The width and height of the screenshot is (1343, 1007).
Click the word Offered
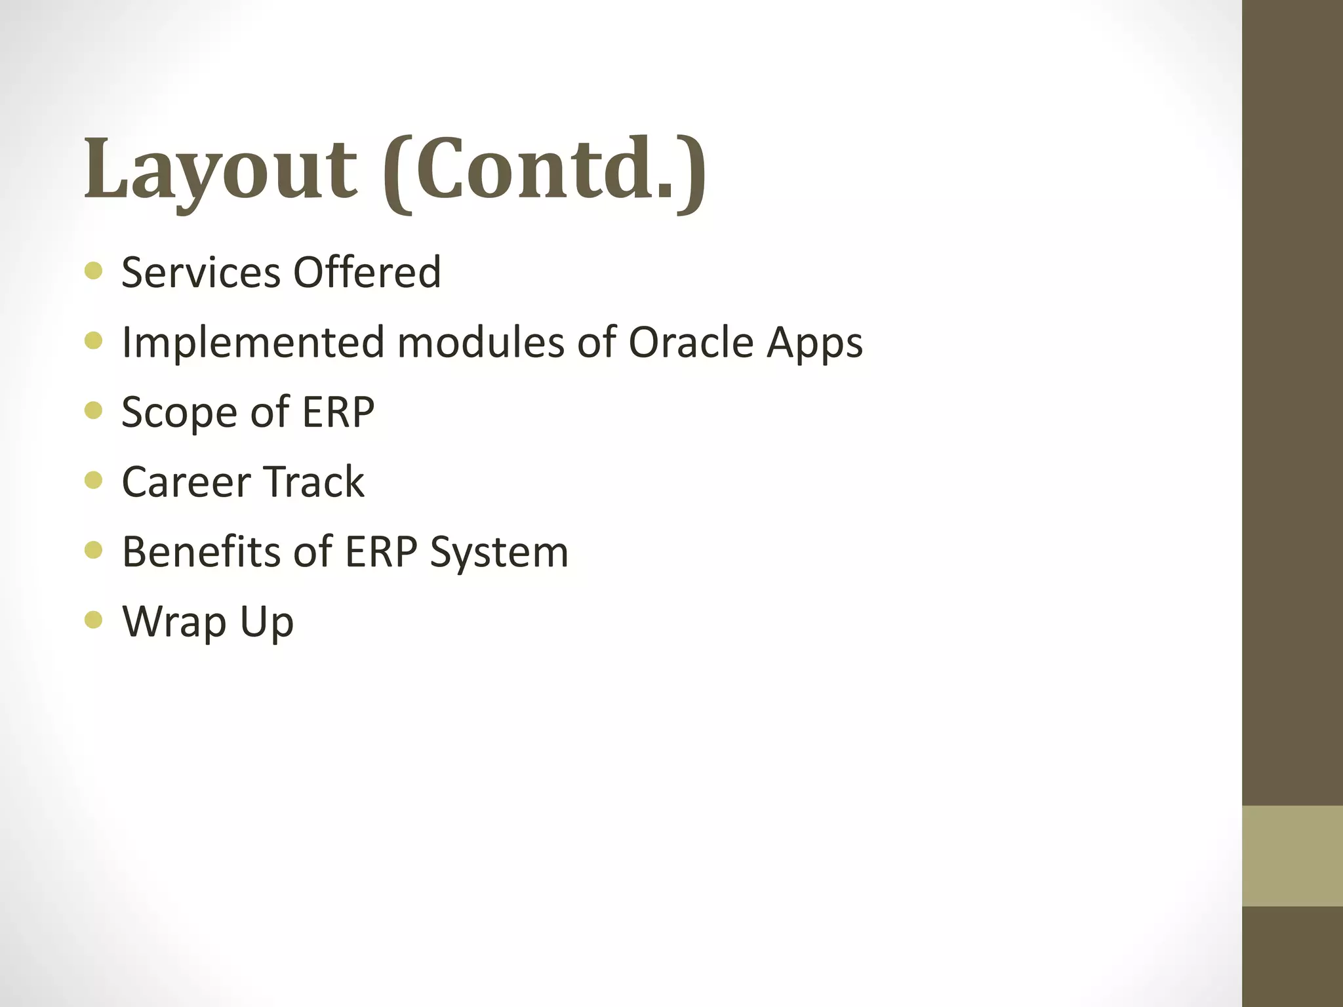367,272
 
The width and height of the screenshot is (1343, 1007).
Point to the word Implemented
253,343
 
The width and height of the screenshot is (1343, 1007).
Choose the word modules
481,343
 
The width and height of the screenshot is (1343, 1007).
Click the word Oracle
691,343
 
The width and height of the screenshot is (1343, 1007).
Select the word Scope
178,414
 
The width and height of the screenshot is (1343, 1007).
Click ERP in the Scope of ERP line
338,412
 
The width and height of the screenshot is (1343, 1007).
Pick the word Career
186,483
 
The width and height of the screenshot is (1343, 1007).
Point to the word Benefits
201,552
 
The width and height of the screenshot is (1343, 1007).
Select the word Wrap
174,623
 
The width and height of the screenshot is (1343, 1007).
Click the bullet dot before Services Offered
94,271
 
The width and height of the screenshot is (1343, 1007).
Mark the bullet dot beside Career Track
94,481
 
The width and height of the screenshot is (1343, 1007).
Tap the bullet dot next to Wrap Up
94,620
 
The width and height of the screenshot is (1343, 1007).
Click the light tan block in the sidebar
1292,856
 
